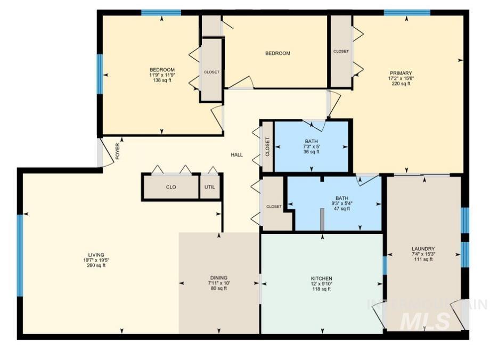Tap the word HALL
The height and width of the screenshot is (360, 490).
[236, 155]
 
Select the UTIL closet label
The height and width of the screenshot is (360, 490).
[209, 187]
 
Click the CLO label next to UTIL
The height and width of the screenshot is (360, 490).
[170, 187]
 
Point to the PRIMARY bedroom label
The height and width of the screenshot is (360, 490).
[401, 73]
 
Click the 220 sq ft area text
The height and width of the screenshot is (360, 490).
[401, 84]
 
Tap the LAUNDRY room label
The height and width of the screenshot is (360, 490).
[423, 249]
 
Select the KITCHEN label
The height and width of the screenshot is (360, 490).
[322, 279]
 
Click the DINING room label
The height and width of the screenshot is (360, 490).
[218, 277]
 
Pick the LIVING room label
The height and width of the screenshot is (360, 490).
[96, 255]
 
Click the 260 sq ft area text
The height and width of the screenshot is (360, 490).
[96, 265]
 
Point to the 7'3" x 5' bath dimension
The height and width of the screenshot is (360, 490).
[312, 146]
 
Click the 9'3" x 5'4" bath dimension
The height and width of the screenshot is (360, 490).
[342, 203]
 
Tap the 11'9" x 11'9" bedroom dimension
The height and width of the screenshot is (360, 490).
[162, 75]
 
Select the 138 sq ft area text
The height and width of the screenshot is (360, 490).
[162, 80]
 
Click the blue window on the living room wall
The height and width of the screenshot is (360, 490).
[20, 256]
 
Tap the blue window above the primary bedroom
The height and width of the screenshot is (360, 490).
[407, 13]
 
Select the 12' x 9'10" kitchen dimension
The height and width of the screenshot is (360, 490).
[322, 284]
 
